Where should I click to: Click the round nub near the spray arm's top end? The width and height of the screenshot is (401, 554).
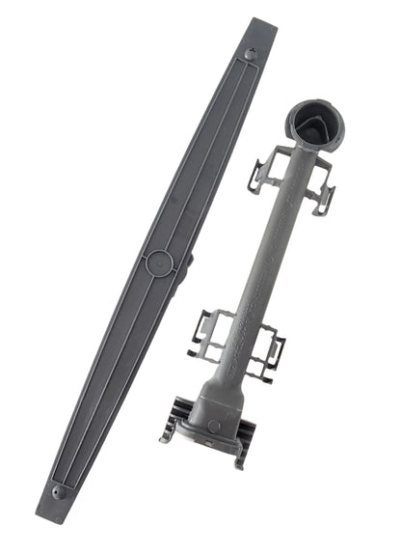(x=251, y=55)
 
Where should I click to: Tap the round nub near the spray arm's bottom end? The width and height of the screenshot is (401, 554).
(x=61, y=492)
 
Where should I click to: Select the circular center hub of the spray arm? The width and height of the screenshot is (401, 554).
(x=157, y=262)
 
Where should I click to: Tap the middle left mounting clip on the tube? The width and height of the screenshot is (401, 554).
(x=210, y=333)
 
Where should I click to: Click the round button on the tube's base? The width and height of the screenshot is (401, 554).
(x=213, y=426)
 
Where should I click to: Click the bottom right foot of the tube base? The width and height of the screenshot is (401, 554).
(x=238, y=461)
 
